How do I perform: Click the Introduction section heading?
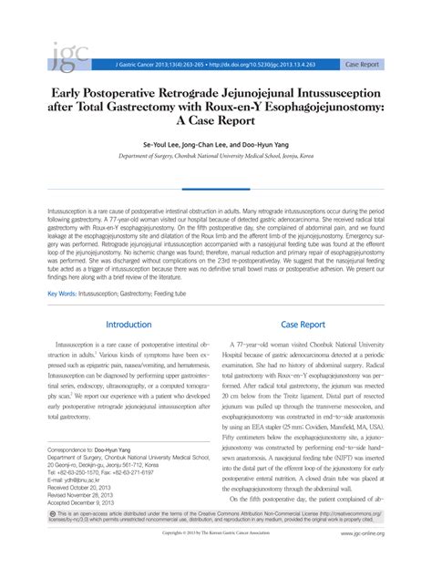point(129,324)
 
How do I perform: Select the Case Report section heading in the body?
point(303,324)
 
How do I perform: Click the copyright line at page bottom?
point(216,559)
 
